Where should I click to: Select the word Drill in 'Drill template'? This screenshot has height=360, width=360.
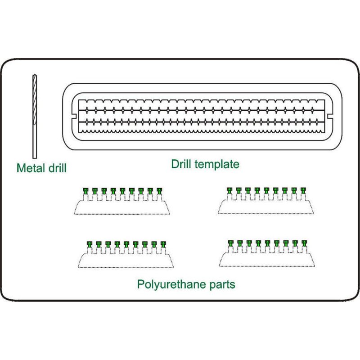point(182,164)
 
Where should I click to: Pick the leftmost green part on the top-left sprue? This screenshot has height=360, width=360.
point(85,190)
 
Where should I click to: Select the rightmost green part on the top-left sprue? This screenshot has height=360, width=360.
point(159,190)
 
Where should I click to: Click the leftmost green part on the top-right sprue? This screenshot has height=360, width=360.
point(229,190)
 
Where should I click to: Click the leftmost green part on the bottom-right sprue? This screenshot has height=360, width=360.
point(231,243)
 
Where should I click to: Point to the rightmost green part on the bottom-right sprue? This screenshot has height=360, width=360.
point(304,243)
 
